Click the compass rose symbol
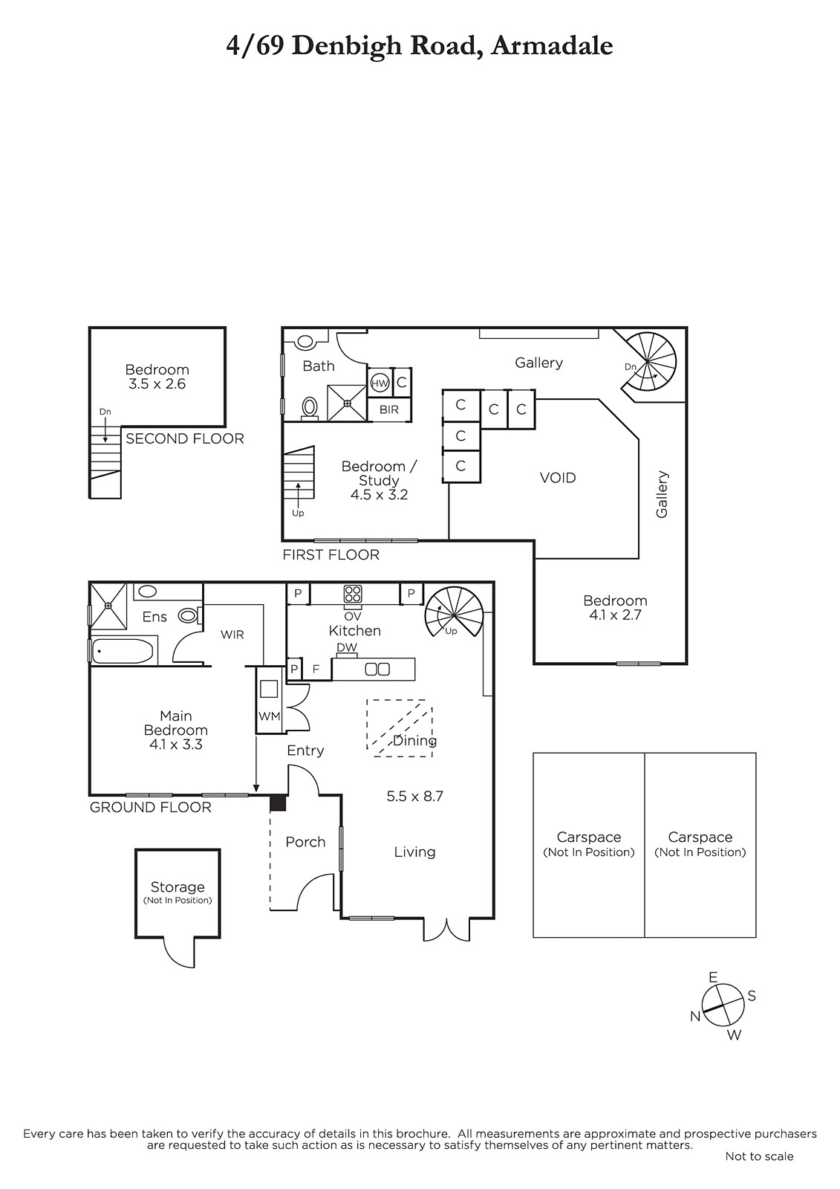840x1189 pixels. (x=722, y=1005)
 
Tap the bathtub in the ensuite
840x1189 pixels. (x=123, y=651)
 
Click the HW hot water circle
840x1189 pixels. (x=380, y=383)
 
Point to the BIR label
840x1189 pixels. (x=389, y=409)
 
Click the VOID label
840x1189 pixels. (x=558, y=478)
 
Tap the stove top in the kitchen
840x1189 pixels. (x=353, y=594)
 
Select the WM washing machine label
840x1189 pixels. (x=269, y=716)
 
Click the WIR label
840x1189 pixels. (x=232, y=635)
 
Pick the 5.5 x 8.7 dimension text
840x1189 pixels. (x=414, y=796)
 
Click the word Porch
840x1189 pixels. (x=305, y=842)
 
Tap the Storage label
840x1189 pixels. (x=178, y=887)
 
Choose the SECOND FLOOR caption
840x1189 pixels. (x=185, y=438)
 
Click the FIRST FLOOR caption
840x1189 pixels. (x=331, y=554)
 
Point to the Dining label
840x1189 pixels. (x=415, y=740)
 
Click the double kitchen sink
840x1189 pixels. (x=377, y=670)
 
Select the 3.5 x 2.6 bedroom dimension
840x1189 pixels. (x=157, y=383)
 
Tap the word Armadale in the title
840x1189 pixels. (x=552, y=46)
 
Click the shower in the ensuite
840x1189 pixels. (x=108, y=605)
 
